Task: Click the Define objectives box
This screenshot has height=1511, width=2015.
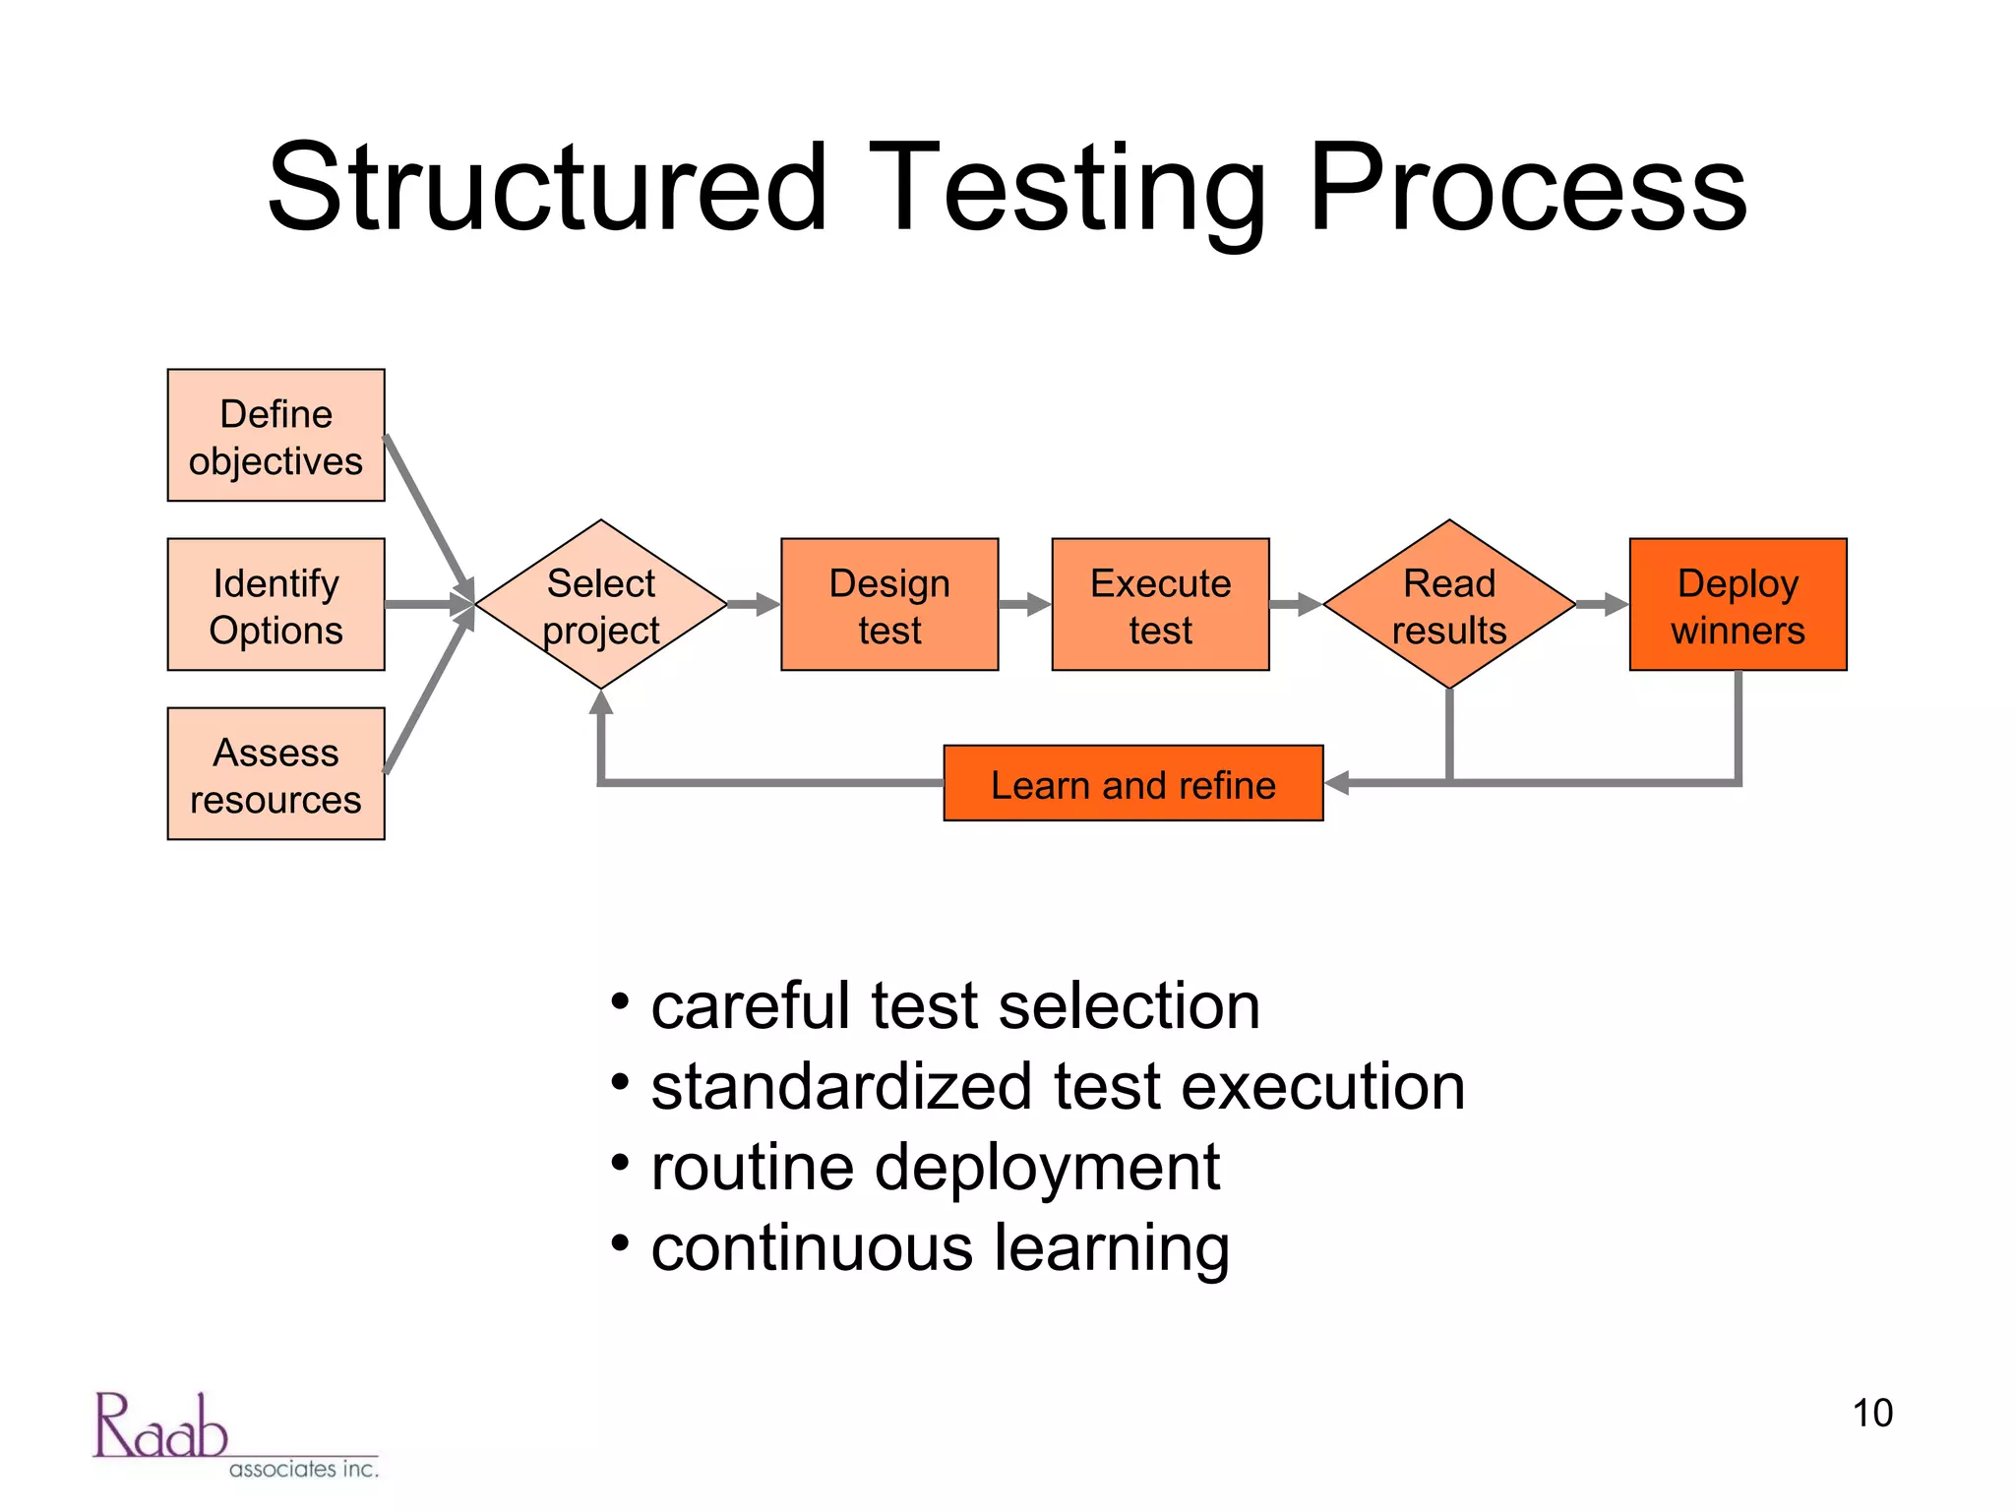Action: click(275, 436)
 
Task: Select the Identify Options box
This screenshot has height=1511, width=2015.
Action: click(275, 605)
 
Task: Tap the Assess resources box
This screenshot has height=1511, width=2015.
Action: click(275, 774)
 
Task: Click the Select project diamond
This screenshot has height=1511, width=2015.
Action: click(601, 605)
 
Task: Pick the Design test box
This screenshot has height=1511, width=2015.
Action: click(889, 605)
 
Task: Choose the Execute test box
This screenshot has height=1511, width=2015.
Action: click(1160, 605)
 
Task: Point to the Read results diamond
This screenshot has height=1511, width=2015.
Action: click(1449, 605)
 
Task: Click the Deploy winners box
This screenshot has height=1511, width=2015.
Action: click(1738, 605)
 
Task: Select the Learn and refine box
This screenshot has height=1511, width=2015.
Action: click(1132, 784)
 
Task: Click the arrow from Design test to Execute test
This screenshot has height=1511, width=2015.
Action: click(1025, 604)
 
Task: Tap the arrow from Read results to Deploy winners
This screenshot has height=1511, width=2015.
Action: click(1603, 604)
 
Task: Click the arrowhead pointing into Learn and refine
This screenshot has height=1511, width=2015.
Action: click(1336, 783)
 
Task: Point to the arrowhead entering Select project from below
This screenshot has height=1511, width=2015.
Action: click(601, 701)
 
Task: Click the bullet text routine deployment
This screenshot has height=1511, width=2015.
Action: click(935, 1168)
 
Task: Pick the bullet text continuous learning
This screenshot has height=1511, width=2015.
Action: click(940, 1248)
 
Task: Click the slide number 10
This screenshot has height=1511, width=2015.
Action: click(1871, 1413)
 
